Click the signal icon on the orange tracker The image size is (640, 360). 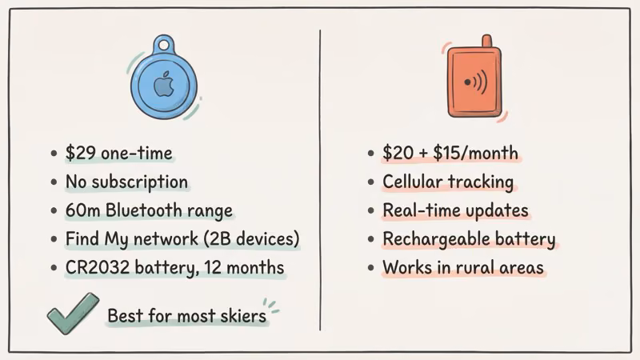click(x=474, y=82)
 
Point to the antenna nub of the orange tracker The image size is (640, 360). click(x=486, y=41)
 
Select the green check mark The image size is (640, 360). click(x=71, y=314)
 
